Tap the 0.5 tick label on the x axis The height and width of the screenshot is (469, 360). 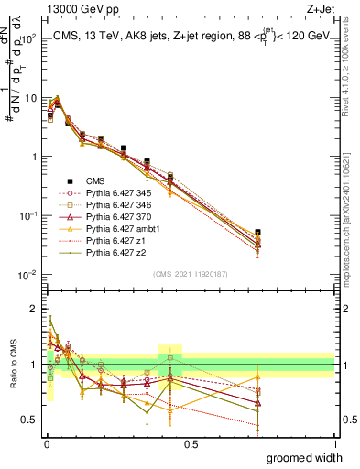pos(191,443)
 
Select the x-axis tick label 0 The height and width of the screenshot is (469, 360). pos(47,443)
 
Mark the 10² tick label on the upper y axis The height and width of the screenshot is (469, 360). pos(30,38)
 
